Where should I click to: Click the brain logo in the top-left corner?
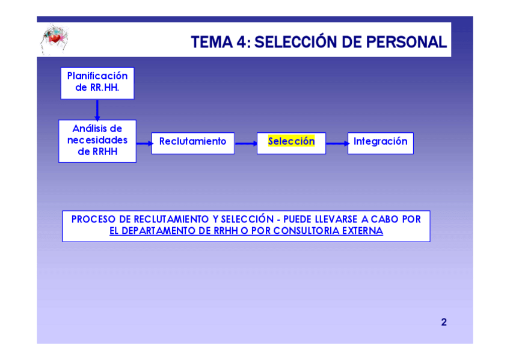tap(54, 39)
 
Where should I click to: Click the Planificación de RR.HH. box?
tap(97, 82)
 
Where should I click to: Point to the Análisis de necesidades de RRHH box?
tap(97, 141)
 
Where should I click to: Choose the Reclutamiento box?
tap(192, 142)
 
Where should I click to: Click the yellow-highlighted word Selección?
tap(291, 142)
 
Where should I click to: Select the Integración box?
tap(380, 142)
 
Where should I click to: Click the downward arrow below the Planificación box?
tap(97, 109)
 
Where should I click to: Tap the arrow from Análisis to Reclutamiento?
tap(144, 144)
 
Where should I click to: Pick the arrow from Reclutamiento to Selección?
tap(245, 144)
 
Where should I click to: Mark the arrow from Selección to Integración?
tap(337, 144)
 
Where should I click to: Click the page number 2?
tap(444, 322)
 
